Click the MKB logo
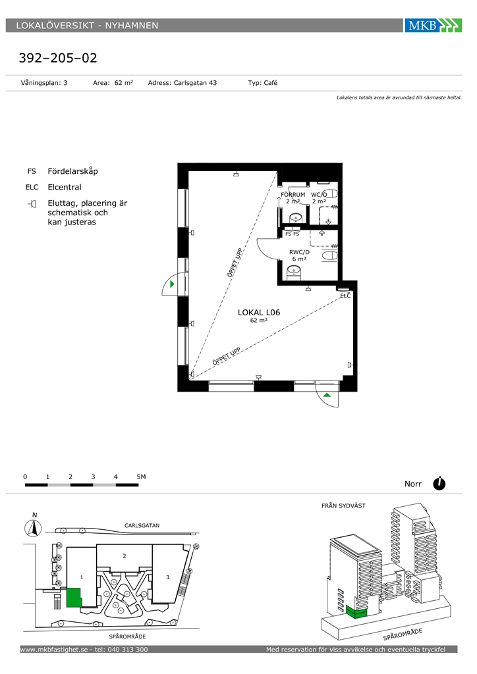[433, 26]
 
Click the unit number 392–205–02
[58, 58]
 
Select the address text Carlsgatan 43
[195, 83]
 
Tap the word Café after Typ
[270, 82]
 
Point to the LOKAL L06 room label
[259, 313]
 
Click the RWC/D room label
[299, 252]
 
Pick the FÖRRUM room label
[293, 194]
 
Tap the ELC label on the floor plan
[345, 296]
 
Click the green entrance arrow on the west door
[172, 284]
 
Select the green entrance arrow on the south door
[327, 395]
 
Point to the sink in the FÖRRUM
[296, 219]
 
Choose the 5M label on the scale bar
[141, 477]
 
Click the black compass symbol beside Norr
[439, 484]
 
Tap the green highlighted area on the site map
[74, 598]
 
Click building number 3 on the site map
[168, 577]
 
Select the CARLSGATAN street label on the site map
[142, 525]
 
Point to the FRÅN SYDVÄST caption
[343, 506]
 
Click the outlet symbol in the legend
[32, 203]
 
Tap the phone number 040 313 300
[128, 650]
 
